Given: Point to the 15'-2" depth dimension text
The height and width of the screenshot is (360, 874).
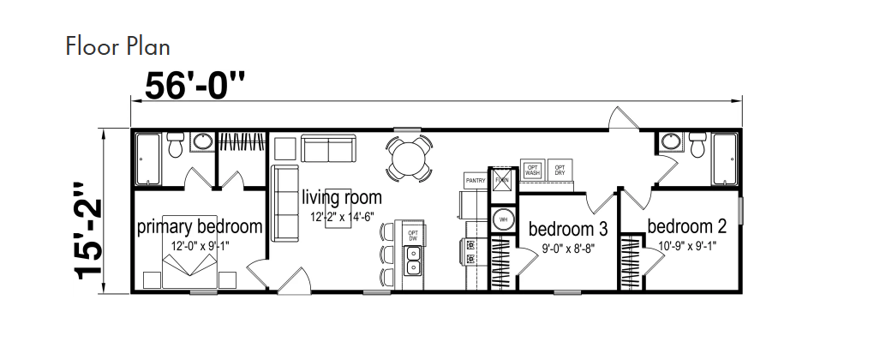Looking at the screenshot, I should pyautogui.click(x=87, y=229).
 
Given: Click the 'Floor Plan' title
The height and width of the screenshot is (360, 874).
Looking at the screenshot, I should pyautogui.click(x=117, y=45).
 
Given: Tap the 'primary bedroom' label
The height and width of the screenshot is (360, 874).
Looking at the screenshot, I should pyautogui.click(x=199, y=227).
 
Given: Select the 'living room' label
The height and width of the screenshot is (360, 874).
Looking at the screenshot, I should pyautogui.click(x=341, y=198).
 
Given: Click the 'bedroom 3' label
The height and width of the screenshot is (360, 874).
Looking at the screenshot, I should pyautogui.click(x=568, y=229).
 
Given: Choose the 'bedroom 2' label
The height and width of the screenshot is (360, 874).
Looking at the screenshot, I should pyautogui.click(x=686, y=226).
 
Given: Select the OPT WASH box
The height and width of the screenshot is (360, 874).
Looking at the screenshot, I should pyautogui.click(x=532, y=170).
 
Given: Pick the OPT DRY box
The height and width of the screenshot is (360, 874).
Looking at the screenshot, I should pyautogui.click(x=560, y=170).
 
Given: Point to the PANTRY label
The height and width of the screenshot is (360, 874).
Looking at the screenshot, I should pyautogui.click(x=476, y=181).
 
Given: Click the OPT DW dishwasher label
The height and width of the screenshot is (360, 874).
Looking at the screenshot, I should pyautogui.click(x=413, y=234).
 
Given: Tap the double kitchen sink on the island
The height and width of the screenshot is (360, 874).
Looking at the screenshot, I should pyautogui.click(x=413, y=259).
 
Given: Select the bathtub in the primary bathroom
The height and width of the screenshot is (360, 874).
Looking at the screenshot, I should pyautogui.click(x=147, y=161).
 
